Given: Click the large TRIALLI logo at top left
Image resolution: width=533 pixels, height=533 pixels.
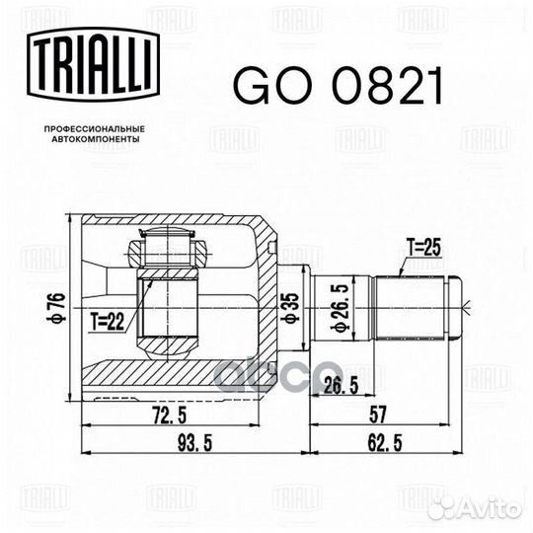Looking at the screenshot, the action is pyautogui.click(x=93, y=64).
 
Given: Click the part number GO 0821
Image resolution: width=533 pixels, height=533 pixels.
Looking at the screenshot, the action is pyautogui.click(x=339, y=86).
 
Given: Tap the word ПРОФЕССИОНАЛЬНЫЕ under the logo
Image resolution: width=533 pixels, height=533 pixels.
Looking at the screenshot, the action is pyautogui.click(x=95, y=129).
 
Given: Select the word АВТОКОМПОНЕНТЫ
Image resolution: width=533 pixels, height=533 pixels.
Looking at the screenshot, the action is pyautogui.click(x=96, y=139).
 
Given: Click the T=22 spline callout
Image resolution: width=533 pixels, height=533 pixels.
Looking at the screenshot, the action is pyautogui.click(x=108, y=322).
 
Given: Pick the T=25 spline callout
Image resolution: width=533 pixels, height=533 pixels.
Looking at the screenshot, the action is pyautogui.click(x=423, y=248).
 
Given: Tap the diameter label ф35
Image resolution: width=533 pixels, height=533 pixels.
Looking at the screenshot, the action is pyautogui.click(x=291, y=307).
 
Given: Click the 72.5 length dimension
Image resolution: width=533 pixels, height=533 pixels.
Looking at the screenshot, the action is pyautogui.click(x=170, y=416).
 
